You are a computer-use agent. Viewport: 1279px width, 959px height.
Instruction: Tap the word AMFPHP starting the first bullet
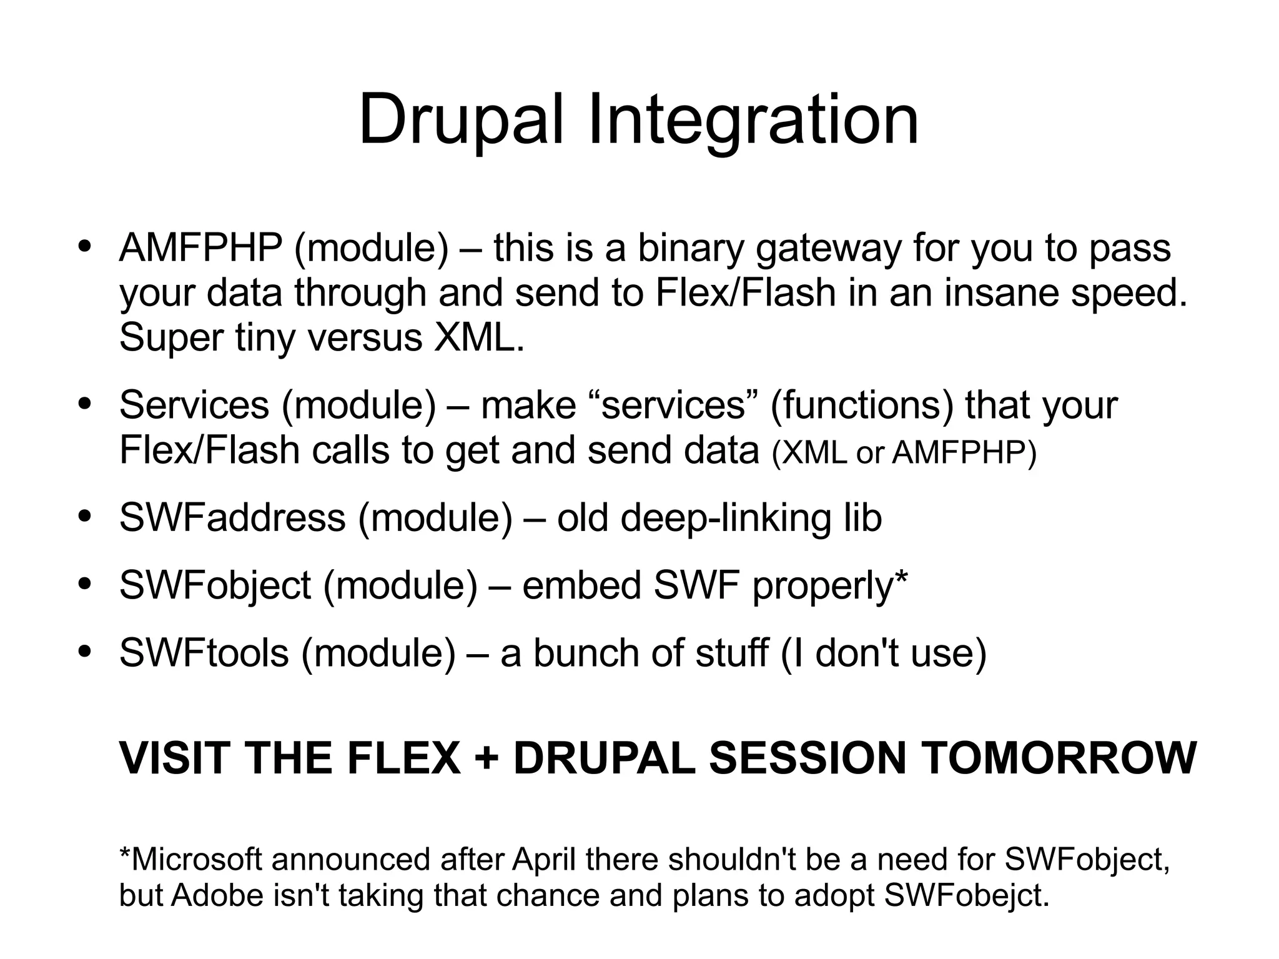[x=200, y=248]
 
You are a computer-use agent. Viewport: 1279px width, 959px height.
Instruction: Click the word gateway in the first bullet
[x=828, y=248]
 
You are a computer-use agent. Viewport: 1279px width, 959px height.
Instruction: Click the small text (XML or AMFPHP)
[x=904, y=452]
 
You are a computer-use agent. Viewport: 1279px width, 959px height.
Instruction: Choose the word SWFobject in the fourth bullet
[x=215, y=585]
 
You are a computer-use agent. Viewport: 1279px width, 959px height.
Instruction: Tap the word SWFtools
[x=204, y=653]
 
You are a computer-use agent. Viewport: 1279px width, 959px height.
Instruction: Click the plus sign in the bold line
[x=486, y=758]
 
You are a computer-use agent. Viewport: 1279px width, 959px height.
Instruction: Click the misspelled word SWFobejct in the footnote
[x=967, y=895]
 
